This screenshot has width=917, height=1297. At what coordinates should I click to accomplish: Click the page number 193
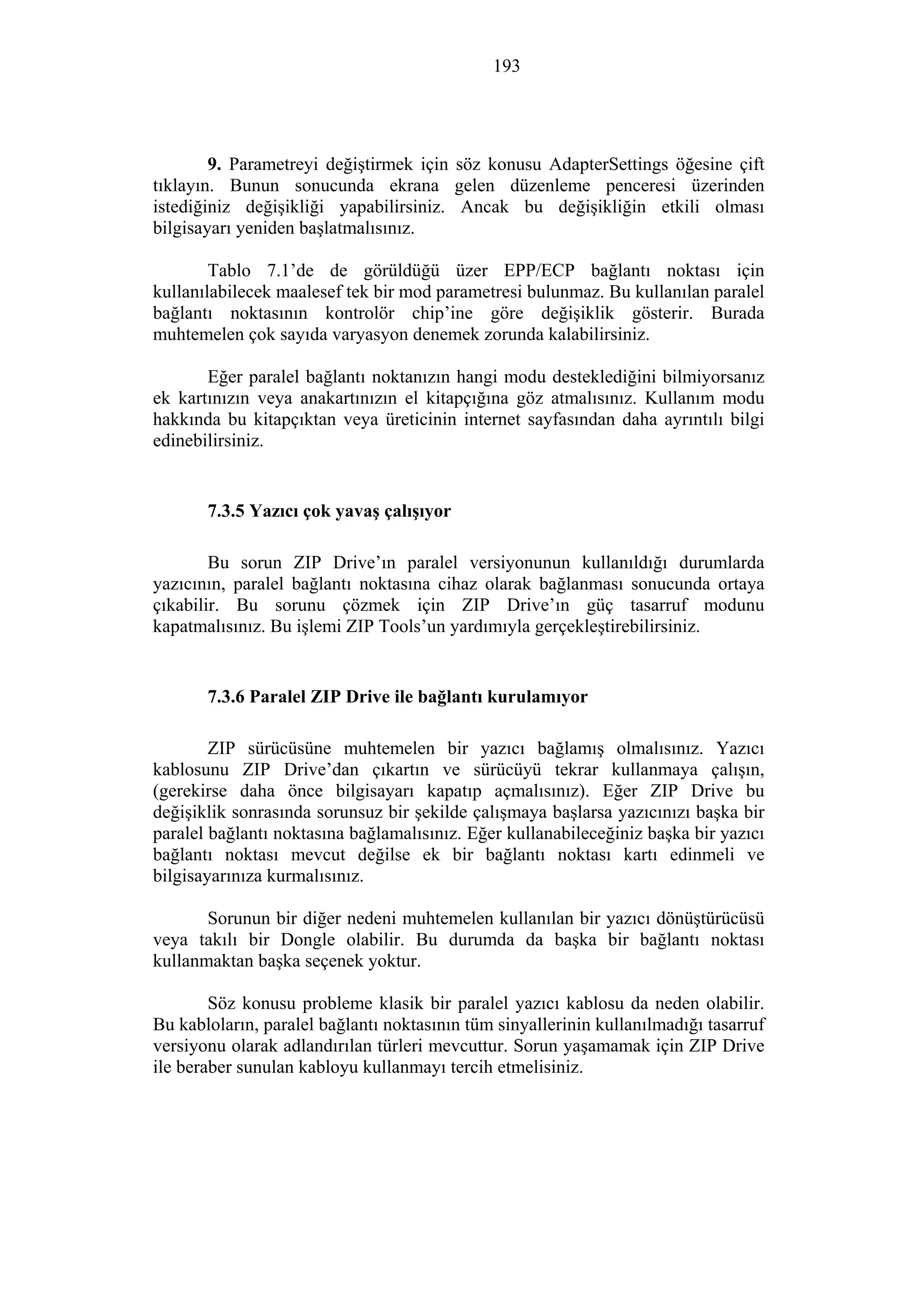click(x=506, y=67)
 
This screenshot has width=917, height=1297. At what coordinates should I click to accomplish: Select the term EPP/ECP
click(x=539, y=271)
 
